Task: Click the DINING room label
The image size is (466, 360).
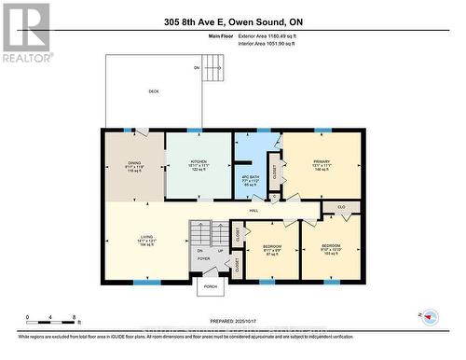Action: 134,163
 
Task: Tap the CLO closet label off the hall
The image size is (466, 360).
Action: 341,206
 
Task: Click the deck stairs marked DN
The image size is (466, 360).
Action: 214,68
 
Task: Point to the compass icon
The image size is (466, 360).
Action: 428,318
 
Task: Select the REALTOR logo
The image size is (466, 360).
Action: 26,32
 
